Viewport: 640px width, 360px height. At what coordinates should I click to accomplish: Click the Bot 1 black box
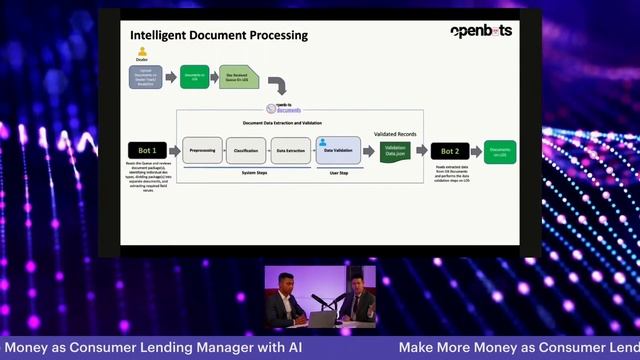(x=146, y=150)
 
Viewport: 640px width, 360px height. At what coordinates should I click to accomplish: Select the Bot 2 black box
(x=450, y=151)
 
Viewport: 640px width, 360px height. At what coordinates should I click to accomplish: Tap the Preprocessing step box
(x=204, y=150)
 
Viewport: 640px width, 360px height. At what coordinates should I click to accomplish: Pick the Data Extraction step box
(x=291, y=150)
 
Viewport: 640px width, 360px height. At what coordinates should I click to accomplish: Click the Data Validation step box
(x=338, y=150)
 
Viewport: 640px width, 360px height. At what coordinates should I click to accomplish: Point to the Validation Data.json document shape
(x=395, y=151)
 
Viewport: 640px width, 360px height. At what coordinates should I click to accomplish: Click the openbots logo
(x=480, y=31)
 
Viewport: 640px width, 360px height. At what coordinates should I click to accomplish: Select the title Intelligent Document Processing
(x=219, y=36)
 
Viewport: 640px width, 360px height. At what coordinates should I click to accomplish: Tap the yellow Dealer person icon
(x=142, y=52)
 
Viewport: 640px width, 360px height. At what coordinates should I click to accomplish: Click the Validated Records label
(x=395, y=132)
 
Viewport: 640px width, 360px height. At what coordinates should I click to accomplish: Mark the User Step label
(x=338, y=173)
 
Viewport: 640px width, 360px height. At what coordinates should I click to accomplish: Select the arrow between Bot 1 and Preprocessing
(x=172, y=150)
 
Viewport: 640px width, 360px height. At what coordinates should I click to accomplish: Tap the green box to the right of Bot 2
(x=500, y=151)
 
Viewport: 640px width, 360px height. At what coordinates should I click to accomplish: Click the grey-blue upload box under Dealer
(x=146, y=77)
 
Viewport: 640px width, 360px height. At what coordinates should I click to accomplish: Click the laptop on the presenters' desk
(x=323, y=319)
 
